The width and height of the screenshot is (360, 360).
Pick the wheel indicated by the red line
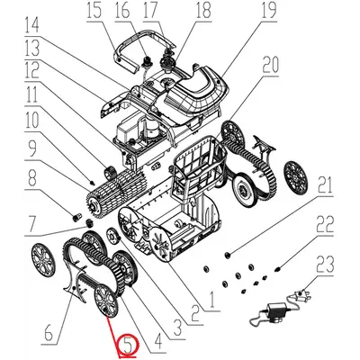[x=103, y=300]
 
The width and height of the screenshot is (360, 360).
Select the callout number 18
[x=202, y=12]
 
